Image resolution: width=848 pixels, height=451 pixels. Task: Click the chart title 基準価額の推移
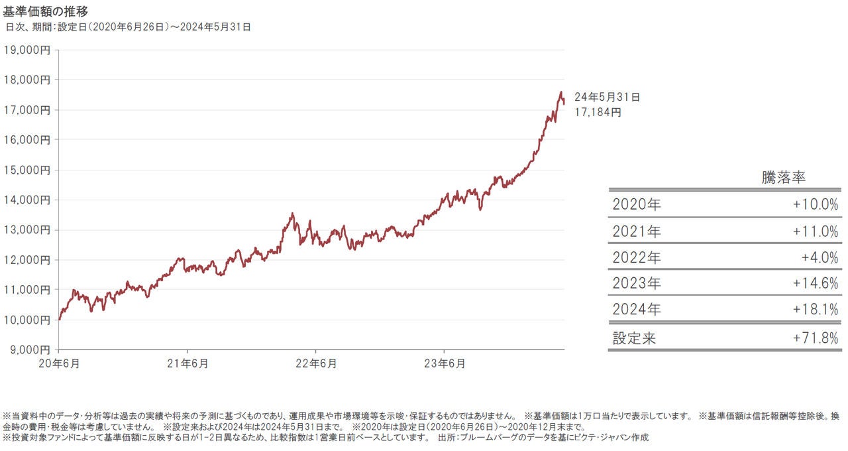coord(46,12)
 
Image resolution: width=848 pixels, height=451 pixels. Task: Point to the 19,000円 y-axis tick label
coord(27,49)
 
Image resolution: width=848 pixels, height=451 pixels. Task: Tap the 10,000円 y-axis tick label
coord(27,320)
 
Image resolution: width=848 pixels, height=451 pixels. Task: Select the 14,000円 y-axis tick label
coord(27,200)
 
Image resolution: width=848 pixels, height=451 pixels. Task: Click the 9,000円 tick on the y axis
coord(29,350)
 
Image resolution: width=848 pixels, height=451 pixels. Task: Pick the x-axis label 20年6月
coord(58,363)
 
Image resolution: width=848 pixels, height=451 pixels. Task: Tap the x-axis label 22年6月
coord(315,363)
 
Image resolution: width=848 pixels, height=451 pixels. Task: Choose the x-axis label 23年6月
coord(443,363)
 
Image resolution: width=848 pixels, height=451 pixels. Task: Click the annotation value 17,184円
coord(598,113)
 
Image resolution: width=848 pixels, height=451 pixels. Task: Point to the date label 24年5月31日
coord(607,97)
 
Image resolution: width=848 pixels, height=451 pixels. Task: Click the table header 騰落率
coord(783,178)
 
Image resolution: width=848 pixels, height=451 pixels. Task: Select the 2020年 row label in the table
coord(637,204)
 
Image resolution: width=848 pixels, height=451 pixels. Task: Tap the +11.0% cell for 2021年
coord(815,231)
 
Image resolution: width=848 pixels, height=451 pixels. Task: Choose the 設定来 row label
coord(634,338)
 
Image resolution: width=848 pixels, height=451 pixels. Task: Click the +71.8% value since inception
coord(815,338)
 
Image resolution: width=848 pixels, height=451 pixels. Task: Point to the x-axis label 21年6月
coord(187,363)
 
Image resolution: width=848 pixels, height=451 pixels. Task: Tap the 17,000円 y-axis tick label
coord(27,109)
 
